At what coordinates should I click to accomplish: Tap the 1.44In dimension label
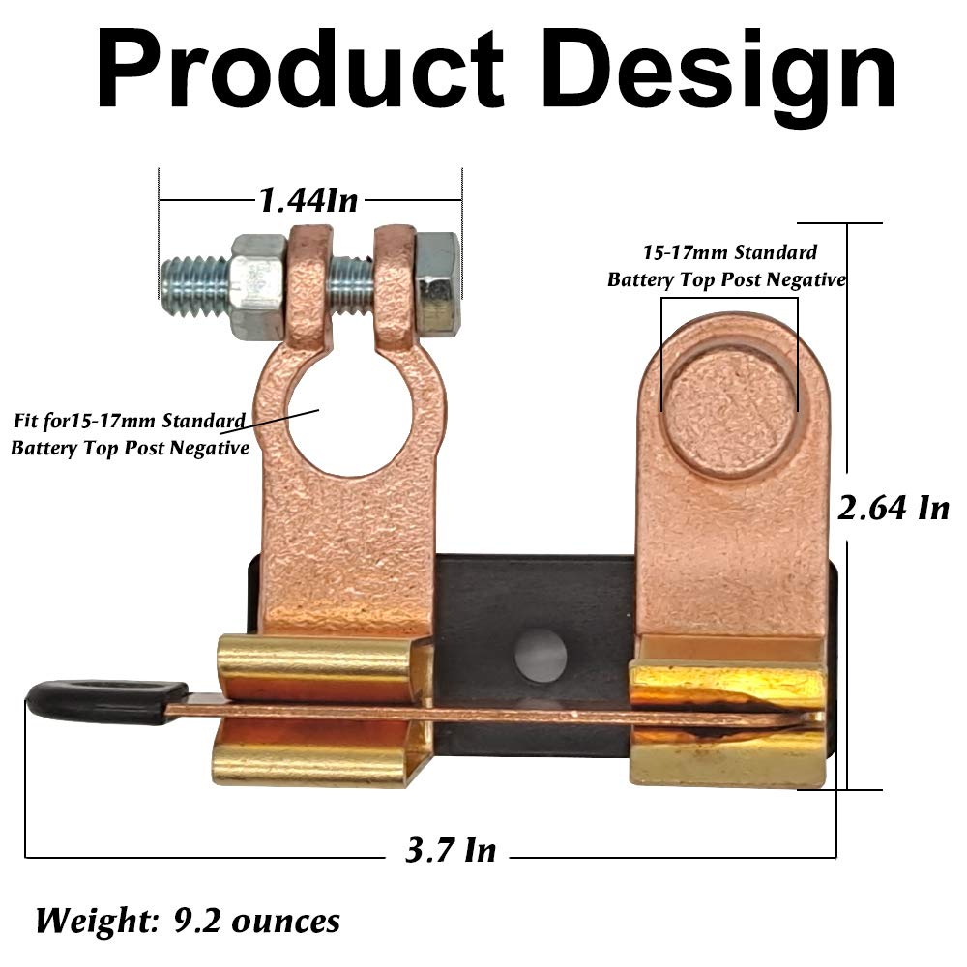tap(308, 200)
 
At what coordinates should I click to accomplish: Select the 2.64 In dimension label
tap(893, 507)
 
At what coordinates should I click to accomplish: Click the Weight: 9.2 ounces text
tap(189, 919)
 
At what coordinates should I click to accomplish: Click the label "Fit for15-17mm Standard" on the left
tap(128, 423)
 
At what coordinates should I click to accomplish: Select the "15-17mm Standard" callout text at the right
tap(730, 253)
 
